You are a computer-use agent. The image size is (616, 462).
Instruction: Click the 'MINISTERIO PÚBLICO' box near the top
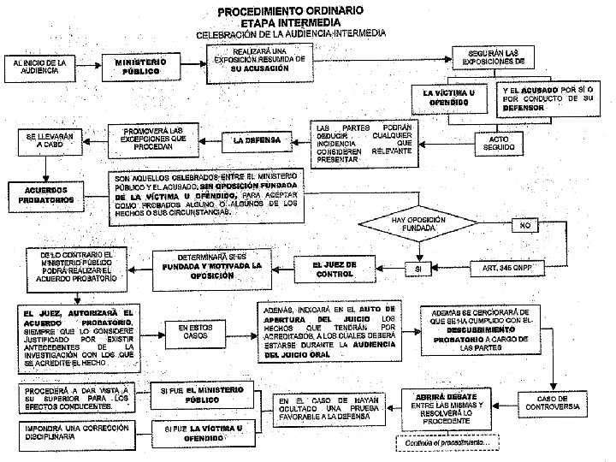139,67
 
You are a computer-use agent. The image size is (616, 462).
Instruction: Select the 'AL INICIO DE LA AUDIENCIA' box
39,66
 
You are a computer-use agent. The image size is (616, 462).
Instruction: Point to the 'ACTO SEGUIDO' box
500,142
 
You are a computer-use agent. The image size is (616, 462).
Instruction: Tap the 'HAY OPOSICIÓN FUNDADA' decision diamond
419,225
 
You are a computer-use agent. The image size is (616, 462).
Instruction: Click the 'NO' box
526,225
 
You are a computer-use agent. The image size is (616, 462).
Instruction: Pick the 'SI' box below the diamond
418,268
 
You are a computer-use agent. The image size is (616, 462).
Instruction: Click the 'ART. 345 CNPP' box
507,268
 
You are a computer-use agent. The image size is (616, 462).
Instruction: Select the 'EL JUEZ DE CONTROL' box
335,269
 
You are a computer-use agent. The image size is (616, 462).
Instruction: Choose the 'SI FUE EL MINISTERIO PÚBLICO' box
202,394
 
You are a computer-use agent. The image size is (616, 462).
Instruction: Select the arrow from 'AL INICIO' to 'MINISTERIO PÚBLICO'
87,66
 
